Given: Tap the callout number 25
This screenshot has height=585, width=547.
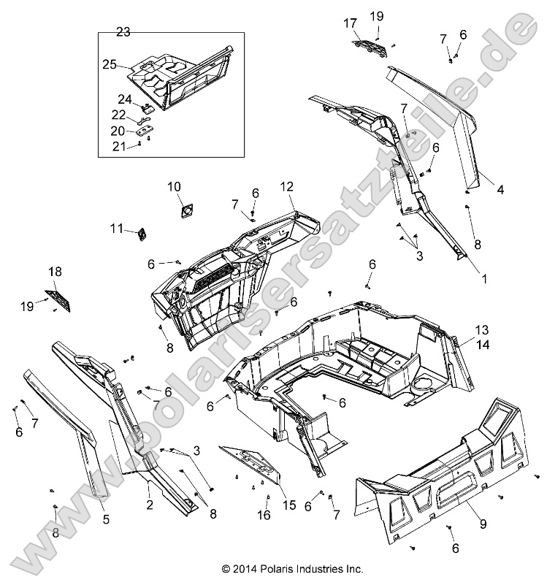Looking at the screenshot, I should point(110,64).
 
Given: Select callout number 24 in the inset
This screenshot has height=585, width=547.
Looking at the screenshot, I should point(125,99).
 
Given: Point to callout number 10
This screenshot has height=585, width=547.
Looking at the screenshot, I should point(175,188).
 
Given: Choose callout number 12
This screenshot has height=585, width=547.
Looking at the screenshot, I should point(286,188).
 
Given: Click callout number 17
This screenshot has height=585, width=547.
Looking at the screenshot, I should point(350,23).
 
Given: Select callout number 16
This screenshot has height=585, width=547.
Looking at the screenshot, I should point(264,515).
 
